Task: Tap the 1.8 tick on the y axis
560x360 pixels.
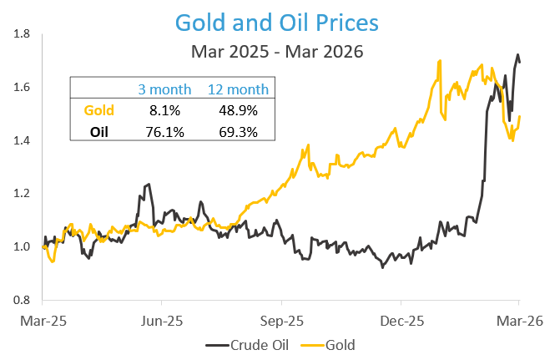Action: [x=23, y=34]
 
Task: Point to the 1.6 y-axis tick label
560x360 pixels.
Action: [x=23, y=87]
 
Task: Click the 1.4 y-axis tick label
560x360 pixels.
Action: [x=23, y=140]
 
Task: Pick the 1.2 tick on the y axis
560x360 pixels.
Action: [x=23, y=194]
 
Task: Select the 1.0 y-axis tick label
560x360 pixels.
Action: [x=23, y=246]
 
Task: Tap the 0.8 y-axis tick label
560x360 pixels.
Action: [x=23, y=300]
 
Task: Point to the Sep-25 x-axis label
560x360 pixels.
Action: [x=282, y=320]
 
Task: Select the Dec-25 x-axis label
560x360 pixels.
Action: [x=401, y=320]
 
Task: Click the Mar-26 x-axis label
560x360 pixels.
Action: [x=519, y=320]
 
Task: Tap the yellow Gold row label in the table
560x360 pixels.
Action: [x=99, y=110]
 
